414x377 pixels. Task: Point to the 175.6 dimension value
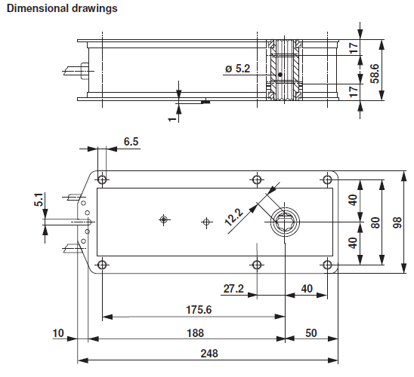click(x=194, y=309)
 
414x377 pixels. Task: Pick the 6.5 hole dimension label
click(x=131, y=141)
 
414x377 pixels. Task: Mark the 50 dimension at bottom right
click(x=310, y=333)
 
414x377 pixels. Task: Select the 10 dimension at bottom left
click(x=59, y=333)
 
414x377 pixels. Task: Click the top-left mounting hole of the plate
click(x=102, y=179)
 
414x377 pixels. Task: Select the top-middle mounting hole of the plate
click(x=257, y=179)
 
